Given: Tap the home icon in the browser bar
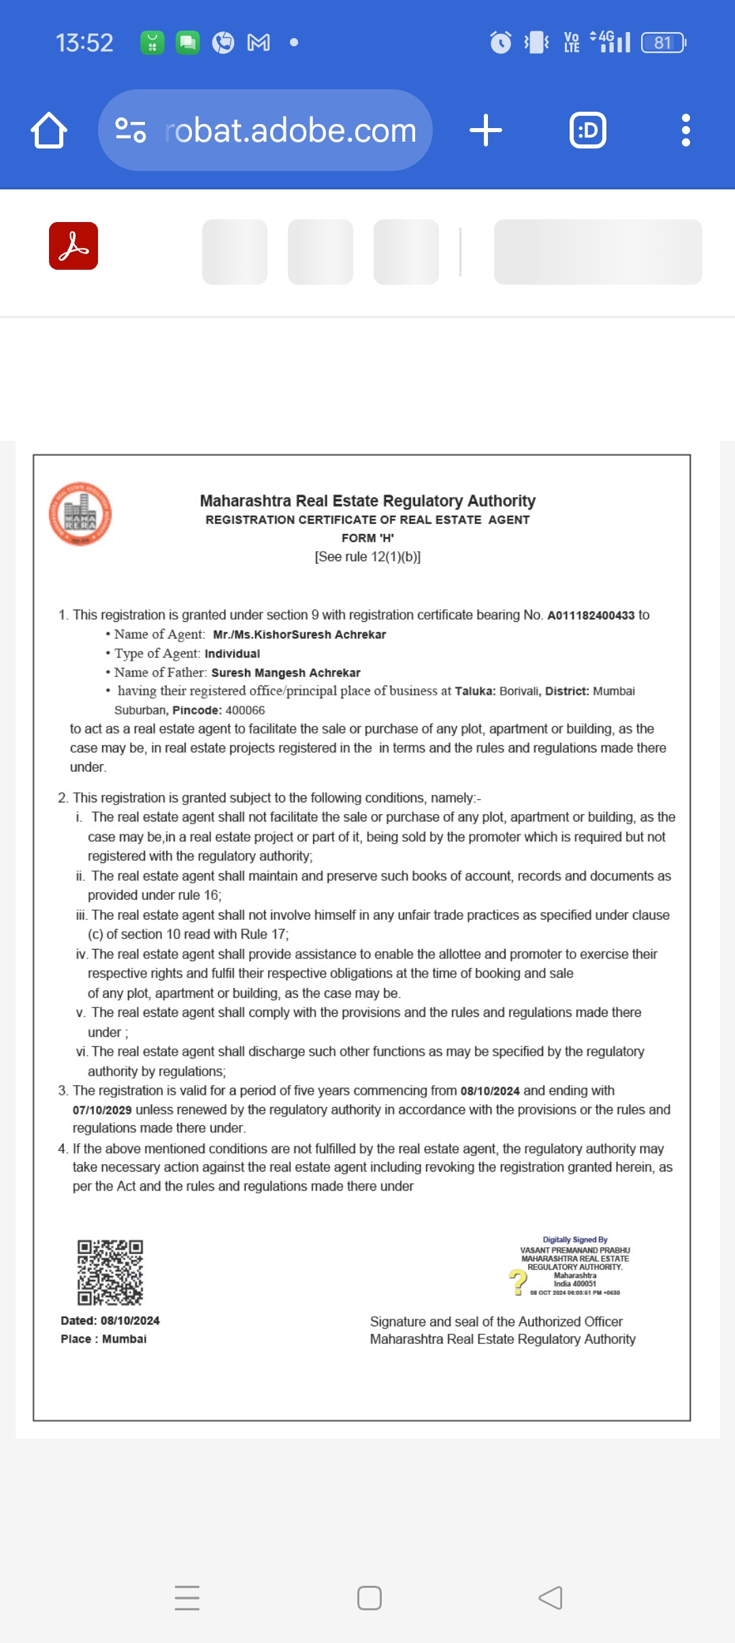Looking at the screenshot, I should tap(49, 130).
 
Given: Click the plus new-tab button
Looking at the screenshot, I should tap(486, 130).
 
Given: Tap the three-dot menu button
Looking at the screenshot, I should tap(685, 130).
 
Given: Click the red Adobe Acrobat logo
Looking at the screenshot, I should tap(73, 246).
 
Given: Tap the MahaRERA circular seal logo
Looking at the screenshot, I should tap(80, 514).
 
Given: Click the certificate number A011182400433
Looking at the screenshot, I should tap(591, 616).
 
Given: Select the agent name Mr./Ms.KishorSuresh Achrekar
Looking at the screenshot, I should tap(299, 635).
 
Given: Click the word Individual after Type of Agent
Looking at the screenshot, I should tap(232, 654).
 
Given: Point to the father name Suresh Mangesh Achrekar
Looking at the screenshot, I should tap(286, 673).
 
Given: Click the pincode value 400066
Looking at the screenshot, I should tap(245, 710).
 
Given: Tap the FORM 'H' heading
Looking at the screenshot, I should tap(367, 538).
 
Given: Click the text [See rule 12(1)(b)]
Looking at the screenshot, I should tap(367, 557).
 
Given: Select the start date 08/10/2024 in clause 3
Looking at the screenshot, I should tap(490, 1091).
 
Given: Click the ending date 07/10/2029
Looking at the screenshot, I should tap(102, 1110).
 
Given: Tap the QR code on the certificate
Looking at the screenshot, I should tap(110, 1272).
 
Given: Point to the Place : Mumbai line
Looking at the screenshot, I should tap(103, 1339).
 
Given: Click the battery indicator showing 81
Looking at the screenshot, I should tap(664, 43).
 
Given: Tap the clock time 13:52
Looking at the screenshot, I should tap(84, 43).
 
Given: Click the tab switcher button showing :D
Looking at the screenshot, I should tap(588, 130).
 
